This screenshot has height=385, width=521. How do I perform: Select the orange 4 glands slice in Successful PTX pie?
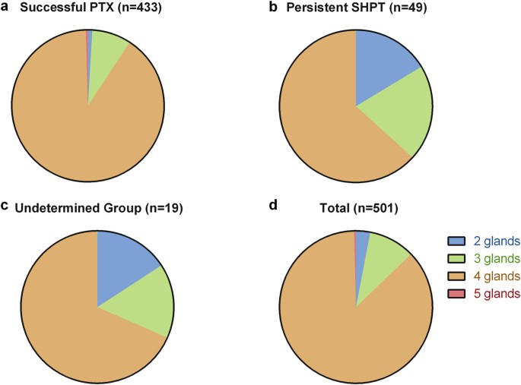(76, 121)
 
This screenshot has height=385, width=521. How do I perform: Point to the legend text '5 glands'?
(493, 292)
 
